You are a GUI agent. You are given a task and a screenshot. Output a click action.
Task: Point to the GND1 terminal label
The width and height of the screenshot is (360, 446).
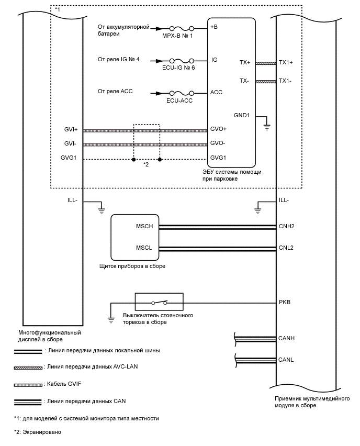coord(242,115)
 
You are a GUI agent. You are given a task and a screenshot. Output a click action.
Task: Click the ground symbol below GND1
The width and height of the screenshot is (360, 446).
coord(267,126)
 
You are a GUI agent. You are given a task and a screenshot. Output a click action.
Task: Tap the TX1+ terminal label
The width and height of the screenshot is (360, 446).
coord(286,63)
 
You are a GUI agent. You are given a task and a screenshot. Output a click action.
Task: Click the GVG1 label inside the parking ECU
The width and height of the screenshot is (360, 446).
coord(218,158)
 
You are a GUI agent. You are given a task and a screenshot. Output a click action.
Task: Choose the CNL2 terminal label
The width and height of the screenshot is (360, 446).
coord(287,248)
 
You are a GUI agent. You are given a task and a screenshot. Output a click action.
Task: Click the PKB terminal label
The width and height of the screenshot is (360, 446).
coord(285,302)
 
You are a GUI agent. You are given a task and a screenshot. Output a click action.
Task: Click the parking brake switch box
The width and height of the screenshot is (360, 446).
coord(159,302)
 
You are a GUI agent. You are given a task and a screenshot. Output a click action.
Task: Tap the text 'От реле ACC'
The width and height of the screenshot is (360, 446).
coord(115,91)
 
